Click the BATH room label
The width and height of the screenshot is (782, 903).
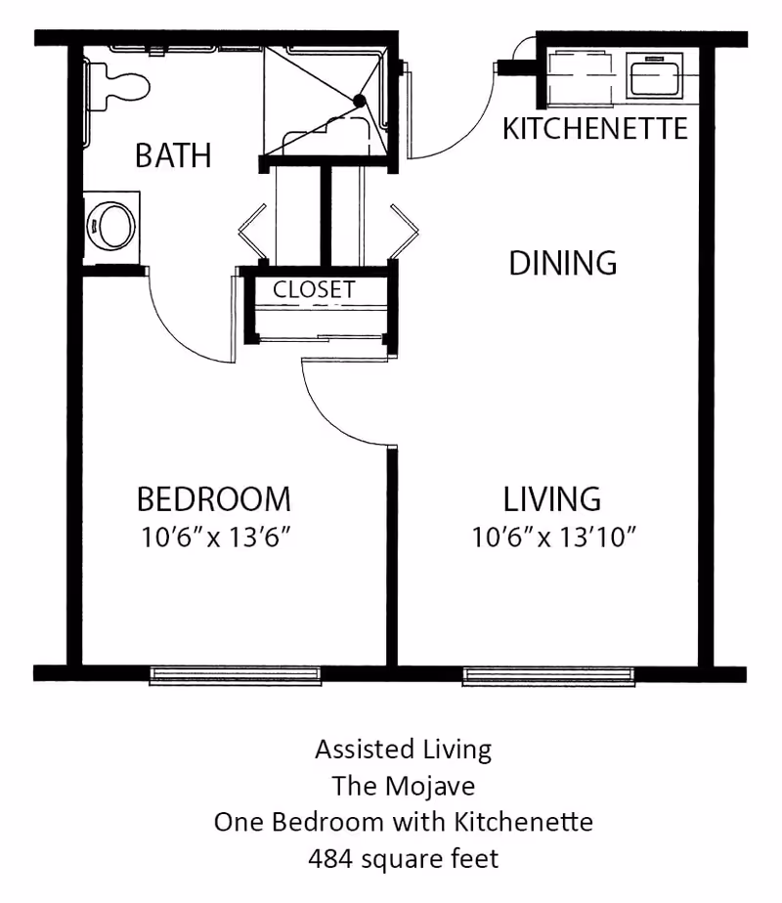(173, 155)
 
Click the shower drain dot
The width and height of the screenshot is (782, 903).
(360, 101)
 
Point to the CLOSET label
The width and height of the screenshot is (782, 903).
(314, 290)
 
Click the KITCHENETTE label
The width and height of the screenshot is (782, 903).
(595, 129)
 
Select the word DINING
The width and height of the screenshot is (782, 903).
(563, 263)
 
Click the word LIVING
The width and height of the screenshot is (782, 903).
(552, 499)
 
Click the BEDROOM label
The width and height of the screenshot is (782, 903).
(213, 499)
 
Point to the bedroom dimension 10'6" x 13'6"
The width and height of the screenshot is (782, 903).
(215, 537)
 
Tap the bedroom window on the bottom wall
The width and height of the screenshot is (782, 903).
(235, 673)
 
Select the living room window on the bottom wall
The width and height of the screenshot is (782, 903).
(547, 673)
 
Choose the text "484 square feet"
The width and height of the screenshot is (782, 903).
(403, 859)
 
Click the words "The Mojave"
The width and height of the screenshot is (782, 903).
(403, 786)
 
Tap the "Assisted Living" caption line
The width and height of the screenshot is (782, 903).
(403, 750)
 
